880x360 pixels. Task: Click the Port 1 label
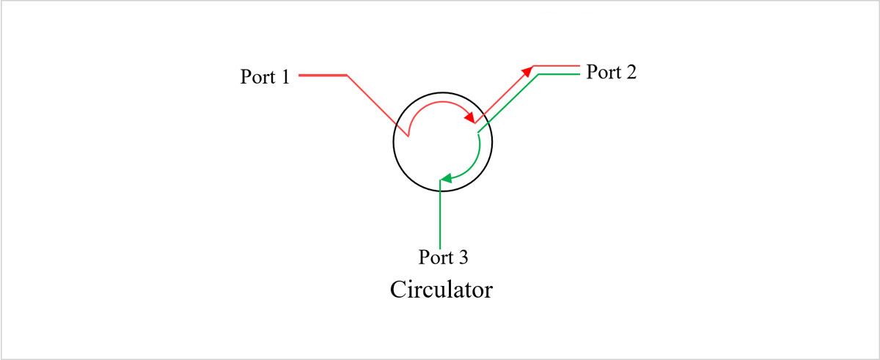click(265, 76)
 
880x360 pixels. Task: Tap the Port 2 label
click(611, 73)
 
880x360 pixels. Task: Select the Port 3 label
click(443, 257)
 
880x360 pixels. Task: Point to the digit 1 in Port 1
click(285, 76)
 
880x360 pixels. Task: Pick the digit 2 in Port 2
click(631, 73)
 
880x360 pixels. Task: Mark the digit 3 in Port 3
click(463, 257)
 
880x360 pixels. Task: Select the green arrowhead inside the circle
click(444, 178)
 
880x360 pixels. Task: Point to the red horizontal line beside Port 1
click(323, 75)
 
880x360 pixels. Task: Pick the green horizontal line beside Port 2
click(561, 74)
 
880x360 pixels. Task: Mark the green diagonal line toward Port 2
click(510, 103)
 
